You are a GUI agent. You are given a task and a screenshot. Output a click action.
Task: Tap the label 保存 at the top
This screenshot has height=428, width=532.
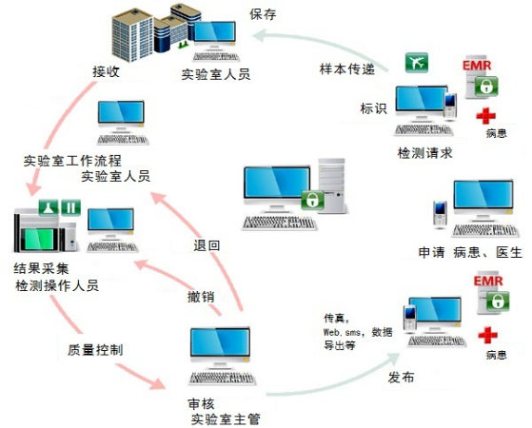tap(264, 14)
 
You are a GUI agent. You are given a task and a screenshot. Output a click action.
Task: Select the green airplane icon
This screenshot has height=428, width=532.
tap(416, 64)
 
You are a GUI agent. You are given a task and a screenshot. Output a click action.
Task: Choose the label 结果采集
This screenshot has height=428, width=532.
tap(41, 267)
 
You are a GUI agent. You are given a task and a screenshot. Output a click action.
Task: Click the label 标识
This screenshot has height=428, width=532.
tap(373, 108)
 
